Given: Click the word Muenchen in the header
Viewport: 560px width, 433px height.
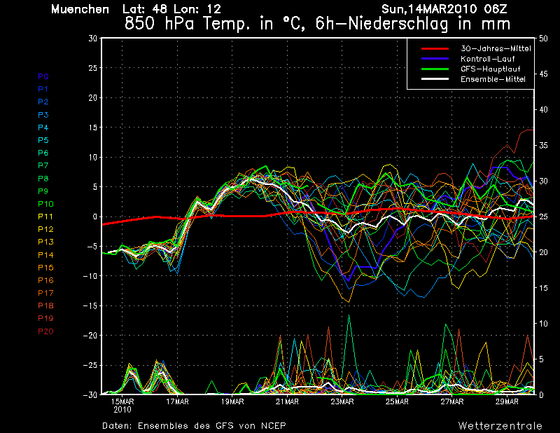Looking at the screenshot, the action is tap(80, 9).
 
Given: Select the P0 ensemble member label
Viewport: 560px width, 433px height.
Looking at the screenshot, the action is tap(43, 76).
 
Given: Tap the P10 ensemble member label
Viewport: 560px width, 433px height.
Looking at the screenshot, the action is tap(45, 204).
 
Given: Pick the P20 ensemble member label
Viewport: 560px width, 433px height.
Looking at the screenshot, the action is tap(45, 331).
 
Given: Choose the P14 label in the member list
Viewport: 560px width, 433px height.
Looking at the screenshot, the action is tap(45, 255).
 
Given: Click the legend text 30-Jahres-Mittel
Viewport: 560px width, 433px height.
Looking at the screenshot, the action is tap(496, 48).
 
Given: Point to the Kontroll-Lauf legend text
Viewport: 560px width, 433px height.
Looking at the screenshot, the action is tap(488, 59).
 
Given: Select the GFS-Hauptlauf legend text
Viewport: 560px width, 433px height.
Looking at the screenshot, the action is tap(491, 69).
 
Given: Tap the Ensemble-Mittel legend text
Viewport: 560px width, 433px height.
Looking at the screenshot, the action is tap(493, 79).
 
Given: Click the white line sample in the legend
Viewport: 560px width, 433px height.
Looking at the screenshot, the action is tap(435, 78).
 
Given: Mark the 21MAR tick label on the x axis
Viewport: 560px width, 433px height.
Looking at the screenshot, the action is tap(287, 402).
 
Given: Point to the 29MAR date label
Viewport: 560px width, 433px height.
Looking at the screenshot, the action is tap(507, 402).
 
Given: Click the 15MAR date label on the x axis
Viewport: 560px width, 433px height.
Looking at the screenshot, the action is tap(122, 402).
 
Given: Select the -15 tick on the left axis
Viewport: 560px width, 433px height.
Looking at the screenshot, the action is tap(90, 306).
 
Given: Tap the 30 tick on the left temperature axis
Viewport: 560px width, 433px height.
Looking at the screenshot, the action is tap(93, 39).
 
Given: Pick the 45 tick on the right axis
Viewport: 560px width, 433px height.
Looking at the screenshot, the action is tap(543, 74).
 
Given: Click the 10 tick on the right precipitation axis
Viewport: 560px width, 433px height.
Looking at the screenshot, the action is tap(543, 324).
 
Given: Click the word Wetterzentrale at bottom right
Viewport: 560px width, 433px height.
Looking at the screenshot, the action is tap(500, 426).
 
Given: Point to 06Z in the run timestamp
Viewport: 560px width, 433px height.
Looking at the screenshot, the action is tap(496, 9).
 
